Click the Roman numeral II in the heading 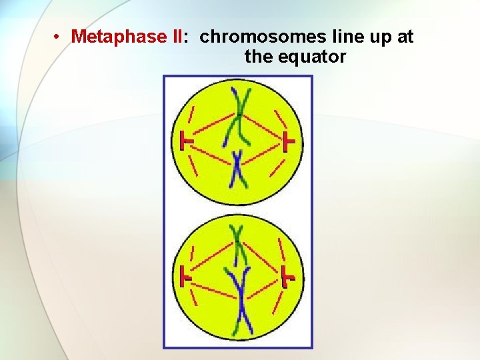pos(177,37)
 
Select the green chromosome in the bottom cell pos(237,243)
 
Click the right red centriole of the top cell pos(288,142)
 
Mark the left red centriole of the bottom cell pos(185,276)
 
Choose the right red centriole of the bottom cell pos(288,276)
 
